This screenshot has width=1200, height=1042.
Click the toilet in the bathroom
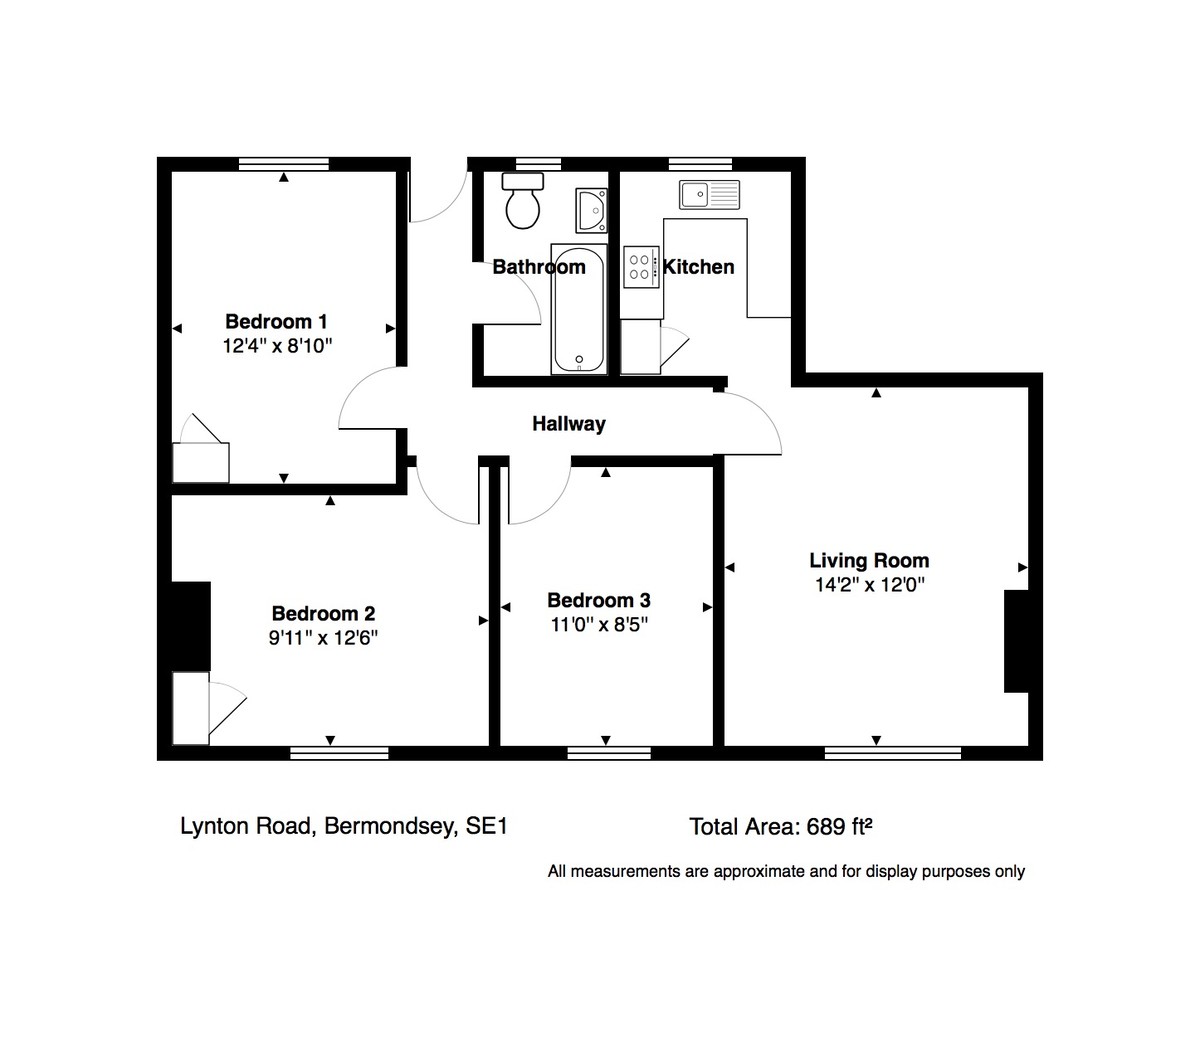pyautogui.click(x=522, y=201)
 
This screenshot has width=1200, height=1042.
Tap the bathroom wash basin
pyautogui.click(x=591, y=210)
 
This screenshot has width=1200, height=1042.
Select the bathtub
pyautogui.click(x=579, y=309)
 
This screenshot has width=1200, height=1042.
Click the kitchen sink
pyautogui.click(x=710, y=195)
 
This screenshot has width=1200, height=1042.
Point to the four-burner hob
pyautogui.click(x=640, y=267)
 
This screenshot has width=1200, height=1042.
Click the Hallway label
pyautogui.click(x=569, y=424)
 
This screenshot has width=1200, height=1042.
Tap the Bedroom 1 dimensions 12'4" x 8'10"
pyautogui.click(x=277, y=346)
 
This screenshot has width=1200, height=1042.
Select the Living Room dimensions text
pyautogui.click(x=870, y=585)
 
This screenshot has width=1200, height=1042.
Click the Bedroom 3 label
pyautogui.click(x=599, y=600)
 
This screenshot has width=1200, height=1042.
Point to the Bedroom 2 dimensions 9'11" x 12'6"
pyautogui.click(x=323, y=637)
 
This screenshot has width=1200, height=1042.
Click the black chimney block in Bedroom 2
pyautogui.click(x=191, y=626)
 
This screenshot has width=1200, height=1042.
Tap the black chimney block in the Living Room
pyautogui.click(x=1016, y=641)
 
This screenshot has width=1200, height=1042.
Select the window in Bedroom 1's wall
pyautogui.click(x=284, y=164)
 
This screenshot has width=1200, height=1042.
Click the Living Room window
pyautogui.click(x=893, y=753)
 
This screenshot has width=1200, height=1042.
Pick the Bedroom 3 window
pyautogui.click(x=609, y=753)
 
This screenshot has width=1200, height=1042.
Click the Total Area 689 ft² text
pyautogui.click(x=781, y=827)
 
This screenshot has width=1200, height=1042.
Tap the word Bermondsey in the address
pyautogui.click(x=391, y=826)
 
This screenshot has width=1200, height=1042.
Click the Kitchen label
pyautogui.click(x=699, y=267)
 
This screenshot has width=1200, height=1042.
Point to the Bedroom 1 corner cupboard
pyautogui.click(x=201, y=463)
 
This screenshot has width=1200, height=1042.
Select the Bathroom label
pyautogui.click(x=539, y=267)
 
